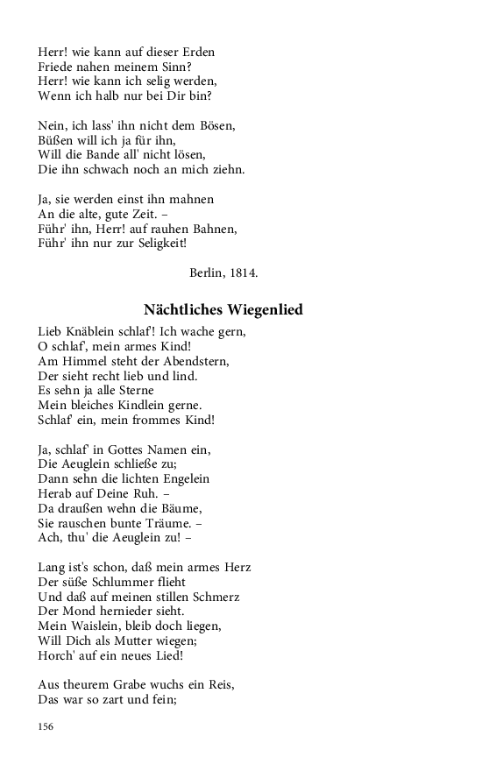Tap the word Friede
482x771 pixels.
[56, 66]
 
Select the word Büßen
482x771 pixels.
[55, 139]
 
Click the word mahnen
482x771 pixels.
[194, 199]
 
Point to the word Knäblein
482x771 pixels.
[91, 332]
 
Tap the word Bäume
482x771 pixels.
[179, 508]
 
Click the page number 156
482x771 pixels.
[46, 726]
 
